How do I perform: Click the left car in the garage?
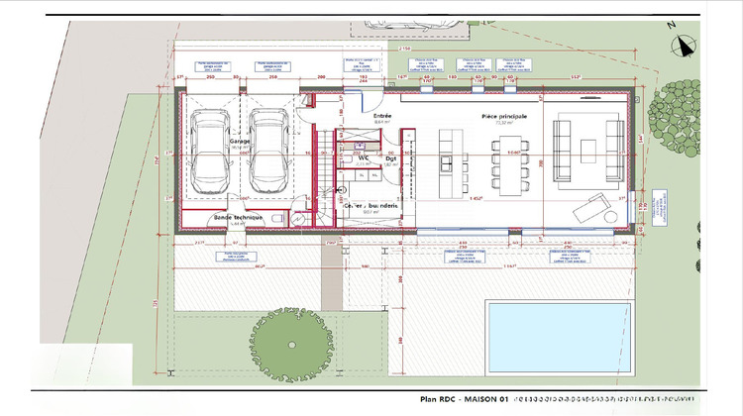210,152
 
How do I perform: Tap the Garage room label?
239,142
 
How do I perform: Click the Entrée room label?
381,116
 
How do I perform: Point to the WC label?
364,157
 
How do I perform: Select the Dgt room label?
390,157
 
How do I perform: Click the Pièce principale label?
504,116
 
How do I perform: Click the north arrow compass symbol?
682,44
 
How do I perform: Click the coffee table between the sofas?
588,151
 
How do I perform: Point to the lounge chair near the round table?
591,207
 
